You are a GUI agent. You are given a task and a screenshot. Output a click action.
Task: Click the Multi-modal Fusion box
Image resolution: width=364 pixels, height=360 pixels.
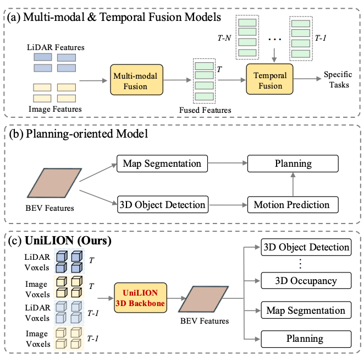136,80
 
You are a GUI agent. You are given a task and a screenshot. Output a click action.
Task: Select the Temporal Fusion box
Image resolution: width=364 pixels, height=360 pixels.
269,79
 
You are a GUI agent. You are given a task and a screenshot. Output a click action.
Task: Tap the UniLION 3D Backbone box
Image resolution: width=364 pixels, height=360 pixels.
140,298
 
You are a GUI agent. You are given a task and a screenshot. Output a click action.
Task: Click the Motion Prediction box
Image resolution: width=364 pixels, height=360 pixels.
293,205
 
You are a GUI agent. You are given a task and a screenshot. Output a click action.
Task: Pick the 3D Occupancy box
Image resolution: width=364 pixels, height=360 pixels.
306,281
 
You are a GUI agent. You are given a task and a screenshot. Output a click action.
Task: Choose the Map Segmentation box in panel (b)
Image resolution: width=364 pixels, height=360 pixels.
162,163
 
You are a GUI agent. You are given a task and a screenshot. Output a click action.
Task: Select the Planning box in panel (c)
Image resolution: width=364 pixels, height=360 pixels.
306,339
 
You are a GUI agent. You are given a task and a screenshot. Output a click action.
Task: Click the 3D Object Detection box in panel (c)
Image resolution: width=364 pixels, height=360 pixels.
306,247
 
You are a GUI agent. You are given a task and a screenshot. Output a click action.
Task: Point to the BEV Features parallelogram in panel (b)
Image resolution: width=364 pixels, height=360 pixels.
54,183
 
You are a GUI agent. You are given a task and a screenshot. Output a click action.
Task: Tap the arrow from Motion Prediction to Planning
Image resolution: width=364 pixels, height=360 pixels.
293,184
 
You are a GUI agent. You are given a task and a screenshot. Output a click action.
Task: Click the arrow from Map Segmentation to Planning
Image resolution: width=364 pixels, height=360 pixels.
228,163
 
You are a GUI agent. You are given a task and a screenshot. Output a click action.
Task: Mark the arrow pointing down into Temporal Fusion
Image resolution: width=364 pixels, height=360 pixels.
274,55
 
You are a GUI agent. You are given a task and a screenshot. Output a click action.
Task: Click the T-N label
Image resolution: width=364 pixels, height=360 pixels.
224,38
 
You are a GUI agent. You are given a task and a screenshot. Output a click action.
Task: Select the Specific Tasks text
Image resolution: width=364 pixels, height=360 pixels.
338,79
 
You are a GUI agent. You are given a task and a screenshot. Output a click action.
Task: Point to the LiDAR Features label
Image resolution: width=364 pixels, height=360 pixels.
56,47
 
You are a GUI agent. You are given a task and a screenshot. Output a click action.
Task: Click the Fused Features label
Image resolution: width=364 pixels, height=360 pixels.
205,110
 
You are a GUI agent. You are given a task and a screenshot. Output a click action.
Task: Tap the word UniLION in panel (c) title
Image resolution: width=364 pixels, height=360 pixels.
49,241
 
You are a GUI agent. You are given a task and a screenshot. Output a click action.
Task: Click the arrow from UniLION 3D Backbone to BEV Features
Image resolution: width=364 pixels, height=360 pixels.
177,298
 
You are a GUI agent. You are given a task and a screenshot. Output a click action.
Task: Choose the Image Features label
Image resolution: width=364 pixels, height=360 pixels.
55,109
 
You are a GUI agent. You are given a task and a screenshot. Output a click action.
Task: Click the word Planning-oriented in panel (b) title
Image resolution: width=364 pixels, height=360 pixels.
70,134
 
